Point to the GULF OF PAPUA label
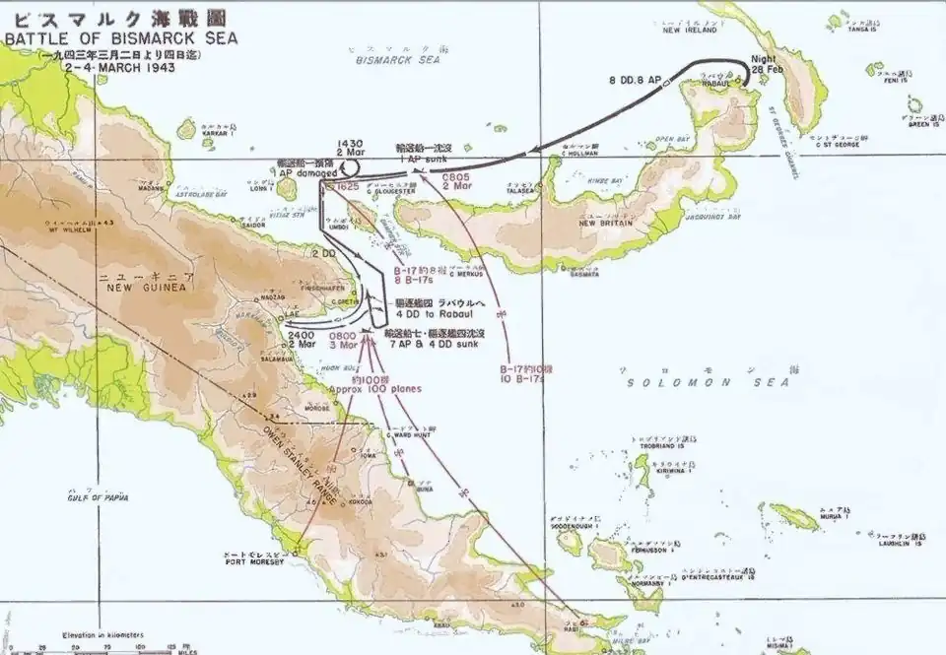98,497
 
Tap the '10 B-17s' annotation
520,378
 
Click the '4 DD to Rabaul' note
436,313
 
